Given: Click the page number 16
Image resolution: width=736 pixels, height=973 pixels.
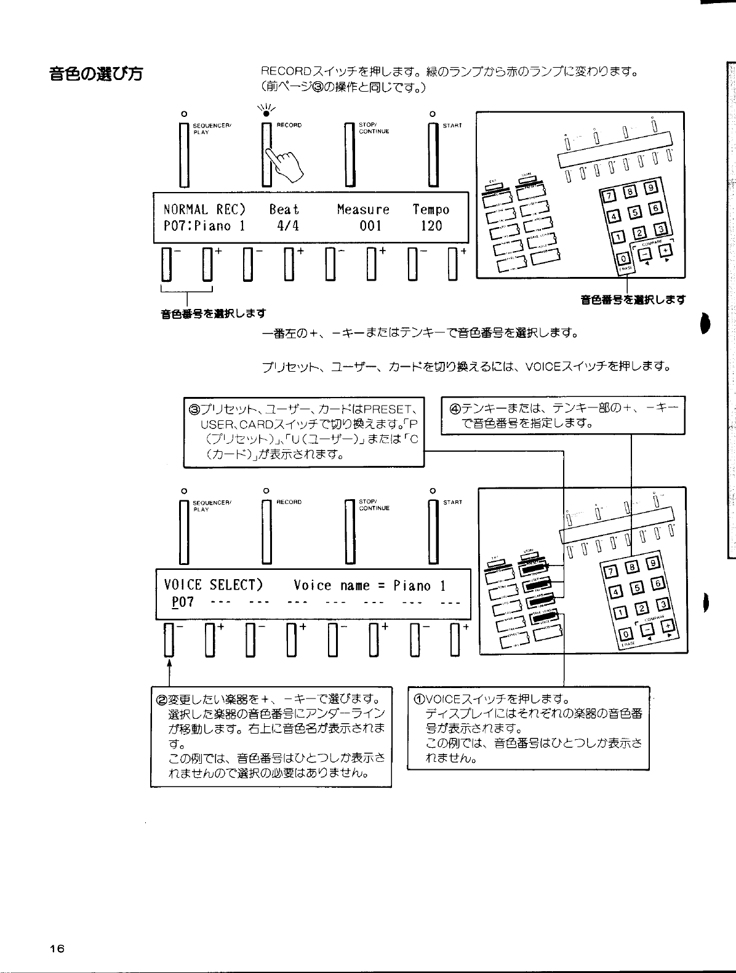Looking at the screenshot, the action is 57,948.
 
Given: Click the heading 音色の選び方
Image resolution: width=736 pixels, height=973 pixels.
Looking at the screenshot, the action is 96,74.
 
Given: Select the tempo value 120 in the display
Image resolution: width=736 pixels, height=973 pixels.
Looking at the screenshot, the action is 431,226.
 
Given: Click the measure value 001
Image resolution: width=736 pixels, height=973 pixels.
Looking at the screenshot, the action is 370,226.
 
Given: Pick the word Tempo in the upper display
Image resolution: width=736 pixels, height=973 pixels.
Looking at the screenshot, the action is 431,210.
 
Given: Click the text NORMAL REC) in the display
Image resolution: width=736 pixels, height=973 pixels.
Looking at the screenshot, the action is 204,210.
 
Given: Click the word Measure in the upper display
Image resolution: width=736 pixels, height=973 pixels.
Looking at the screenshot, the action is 363,210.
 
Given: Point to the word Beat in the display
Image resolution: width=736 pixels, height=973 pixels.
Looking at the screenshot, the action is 284,210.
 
